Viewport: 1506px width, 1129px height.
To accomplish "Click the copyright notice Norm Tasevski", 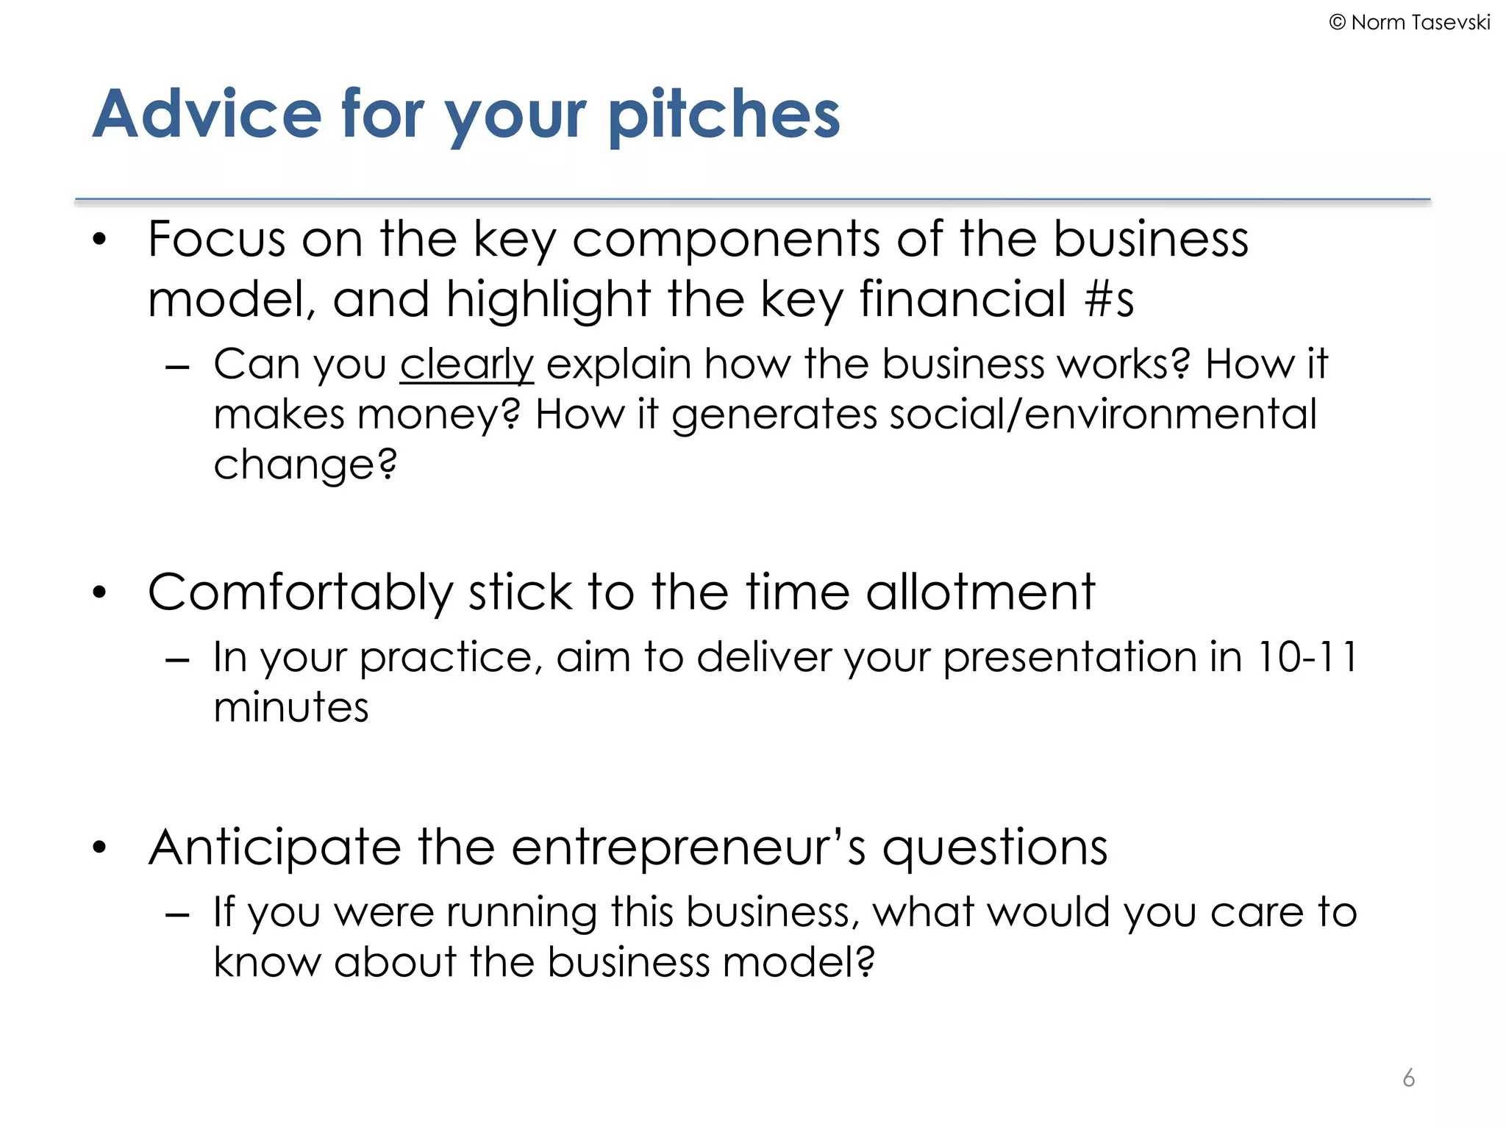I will tap(1410, 23).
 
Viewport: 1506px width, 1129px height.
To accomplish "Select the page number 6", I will tap(1408, 1078).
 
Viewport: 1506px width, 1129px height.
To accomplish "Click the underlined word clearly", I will tap(466, 365).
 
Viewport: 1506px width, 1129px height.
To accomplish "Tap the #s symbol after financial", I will tap(1109, 299).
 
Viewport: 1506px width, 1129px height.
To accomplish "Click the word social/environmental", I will tap(1103, 414).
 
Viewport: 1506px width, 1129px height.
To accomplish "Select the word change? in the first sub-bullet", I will tap(305, 465).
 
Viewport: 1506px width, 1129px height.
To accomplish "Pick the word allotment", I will tap(980, 592).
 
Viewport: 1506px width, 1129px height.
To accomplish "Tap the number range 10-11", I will tap(1307, 656).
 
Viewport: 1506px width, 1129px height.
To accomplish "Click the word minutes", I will tap(291, 707).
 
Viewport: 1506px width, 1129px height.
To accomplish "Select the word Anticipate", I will tap(274, 847).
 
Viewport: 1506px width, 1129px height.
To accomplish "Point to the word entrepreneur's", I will tap(688, 847).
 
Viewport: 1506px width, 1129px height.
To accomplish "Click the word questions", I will tap(994, 847).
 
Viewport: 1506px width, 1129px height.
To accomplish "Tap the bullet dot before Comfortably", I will tap(99, 592).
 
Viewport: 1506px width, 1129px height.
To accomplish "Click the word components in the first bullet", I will tap(726, 239).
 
